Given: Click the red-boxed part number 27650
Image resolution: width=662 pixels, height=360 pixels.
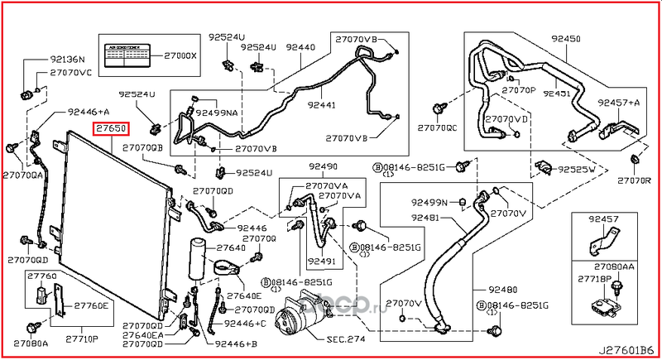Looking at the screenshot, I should click(x=110, y=129).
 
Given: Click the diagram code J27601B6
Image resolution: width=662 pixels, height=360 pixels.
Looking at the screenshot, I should click(x=626, y=350).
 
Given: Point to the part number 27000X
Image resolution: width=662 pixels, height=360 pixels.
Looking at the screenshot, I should click(x=180, y=55).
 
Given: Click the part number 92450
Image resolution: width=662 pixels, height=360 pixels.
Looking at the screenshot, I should click(x=567, y=38).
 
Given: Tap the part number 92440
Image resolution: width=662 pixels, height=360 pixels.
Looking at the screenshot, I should click(x=300, y=47).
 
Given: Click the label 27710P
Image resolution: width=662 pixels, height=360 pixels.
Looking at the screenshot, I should click(x=82, y=339).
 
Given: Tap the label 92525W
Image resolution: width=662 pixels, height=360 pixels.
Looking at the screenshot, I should click(x=576, y=169).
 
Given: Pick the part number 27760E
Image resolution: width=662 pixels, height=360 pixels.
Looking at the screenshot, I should click(x=93, y=305).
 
